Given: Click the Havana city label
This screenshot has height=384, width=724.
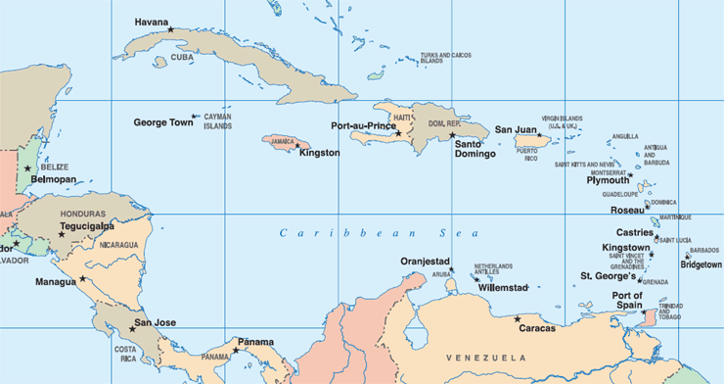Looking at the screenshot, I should (x=152, y=22).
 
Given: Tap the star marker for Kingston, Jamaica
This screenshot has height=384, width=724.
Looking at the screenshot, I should (x=297, y=146).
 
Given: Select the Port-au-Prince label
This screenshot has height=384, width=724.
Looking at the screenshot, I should (x=363, y=126).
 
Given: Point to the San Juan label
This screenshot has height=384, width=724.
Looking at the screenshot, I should (x=516, y=129).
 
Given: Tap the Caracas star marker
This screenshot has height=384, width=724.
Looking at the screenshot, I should (x=518, y=317).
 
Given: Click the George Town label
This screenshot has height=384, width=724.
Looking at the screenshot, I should (x=163, y=122).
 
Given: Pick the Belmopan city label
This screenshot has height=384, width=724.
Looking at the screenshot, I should (x=53, y=180).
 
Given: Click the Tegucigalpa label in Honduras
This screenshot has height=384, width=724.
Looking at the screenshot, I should (x=87, y=225).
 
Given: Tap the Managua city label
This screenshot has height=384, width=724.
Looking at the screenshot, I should (x=55, y=282).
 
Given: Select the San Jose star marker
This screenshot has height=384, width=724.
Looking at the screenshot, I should (x=132, y=328).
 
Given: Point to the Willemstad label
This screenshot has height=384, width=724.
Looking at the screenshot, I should (x=504, y=288).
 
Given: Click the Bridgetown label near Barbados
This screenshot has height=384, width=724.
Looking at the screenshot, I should (x=701, y=264).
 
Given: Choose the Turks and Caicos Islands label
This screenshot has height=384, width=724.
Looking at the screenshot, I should (x=438, y=59).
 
